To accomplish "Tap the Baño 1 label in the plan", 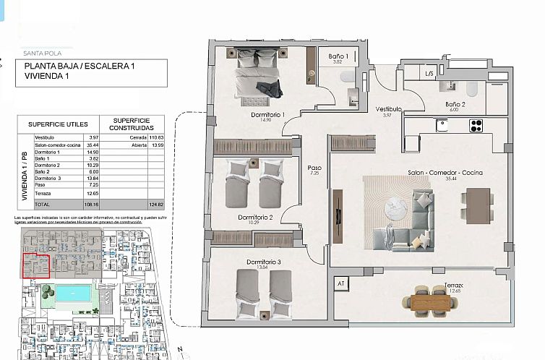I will (337, 56).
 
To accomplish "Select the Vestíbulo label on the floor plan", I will (387, 109).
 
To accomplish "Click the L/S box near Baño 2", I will (429, 73).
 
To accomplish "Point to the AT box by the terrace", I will (340, 284).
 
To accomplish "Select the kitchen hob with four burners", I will (476, 125).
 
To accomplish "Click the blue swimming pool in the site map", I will (73, 293).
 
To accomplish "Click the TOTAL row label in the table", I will (44, 205).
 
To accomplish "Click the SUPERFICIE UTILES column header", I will (57, 124).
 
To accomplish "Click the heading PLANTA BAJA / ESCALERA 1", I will (80, 66).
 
